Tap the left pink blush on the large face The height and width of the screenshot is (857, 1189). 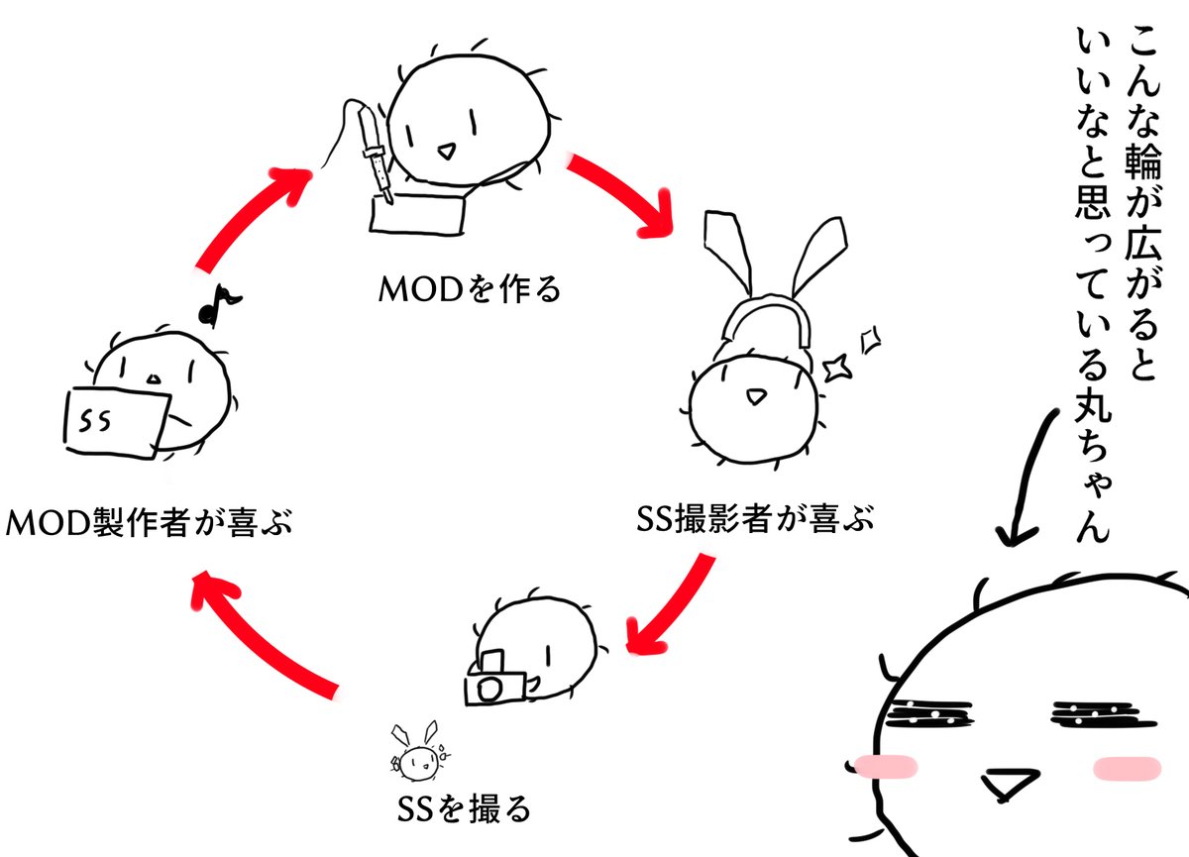pyautogui.click(x=884, y=765)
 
